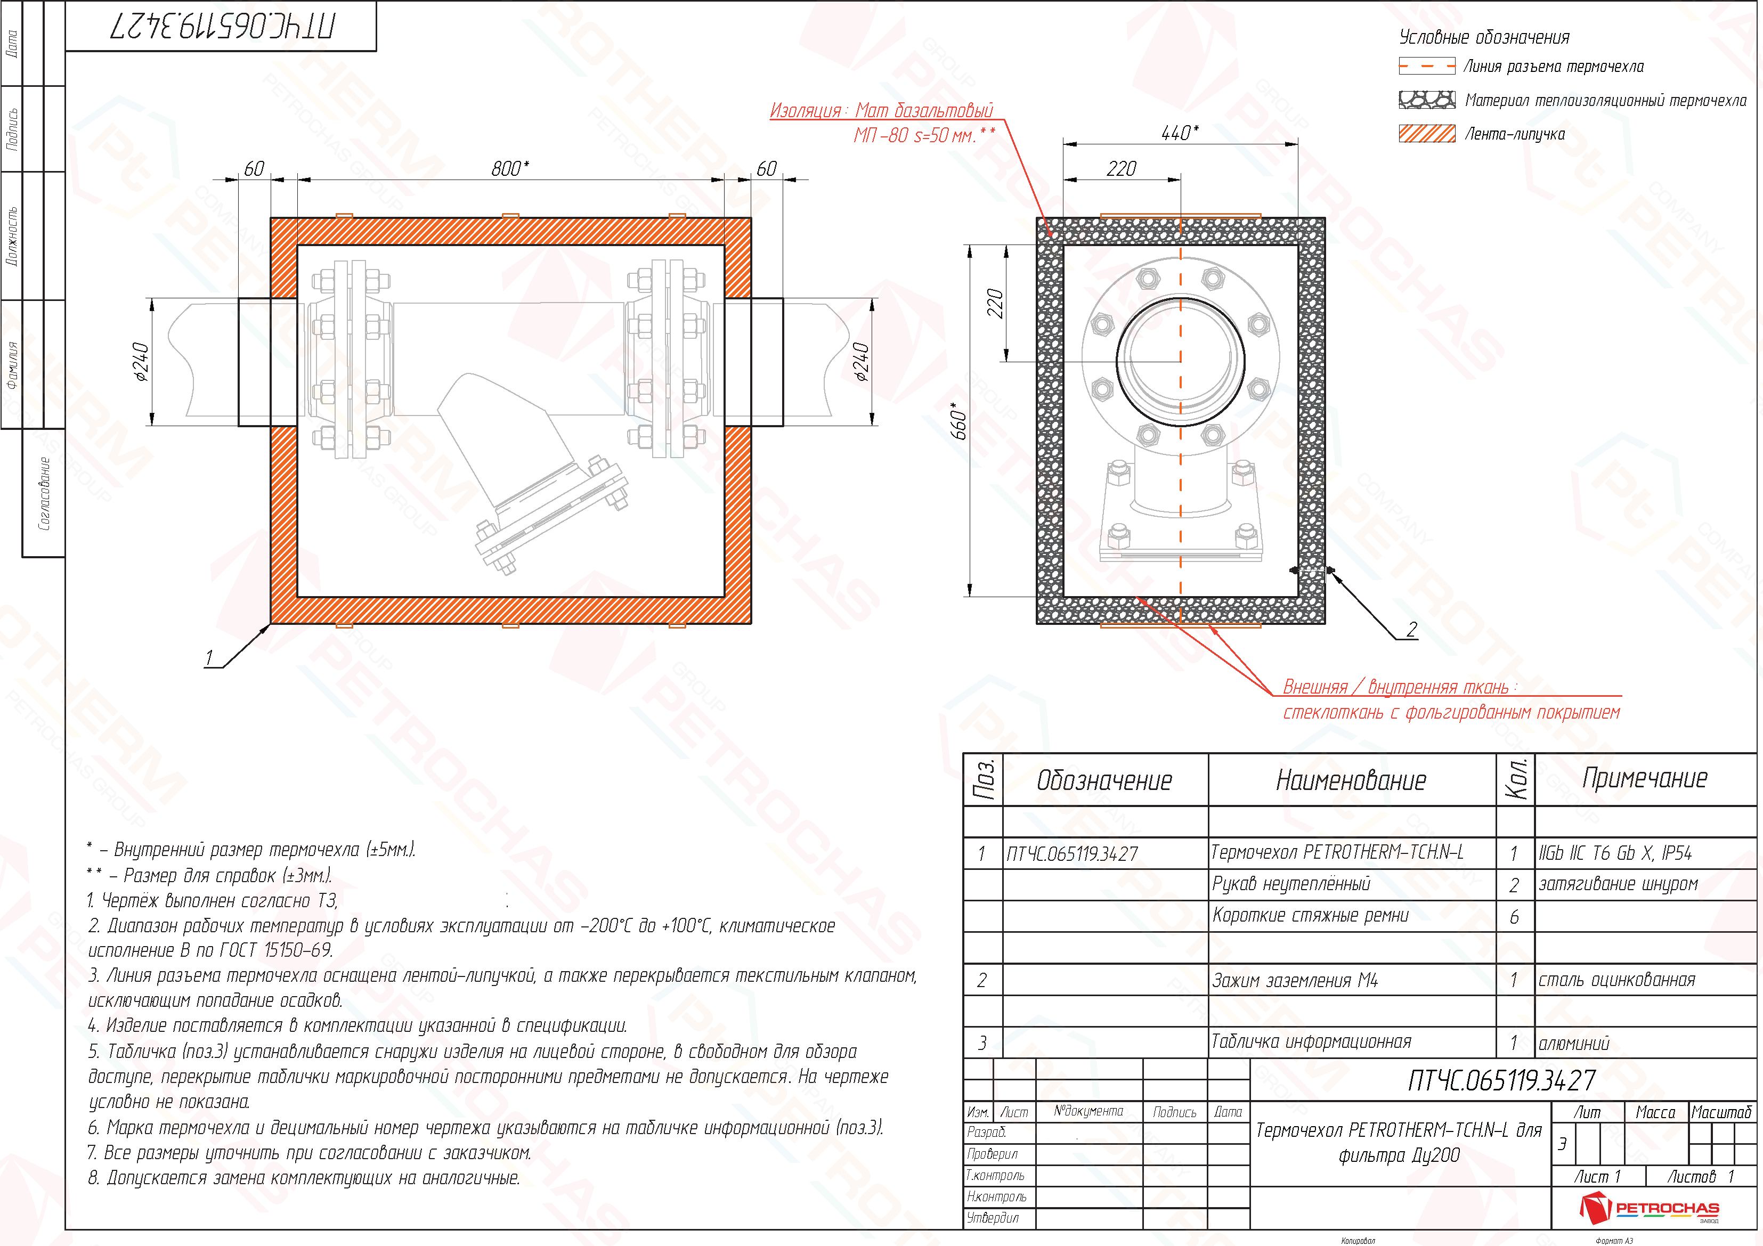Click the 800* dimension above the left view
click(510, 168)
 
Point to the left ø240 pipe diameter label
click(141, 362)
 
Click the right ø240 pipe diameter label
click(862, 362)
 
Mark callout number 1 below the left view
click(209, 658)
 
